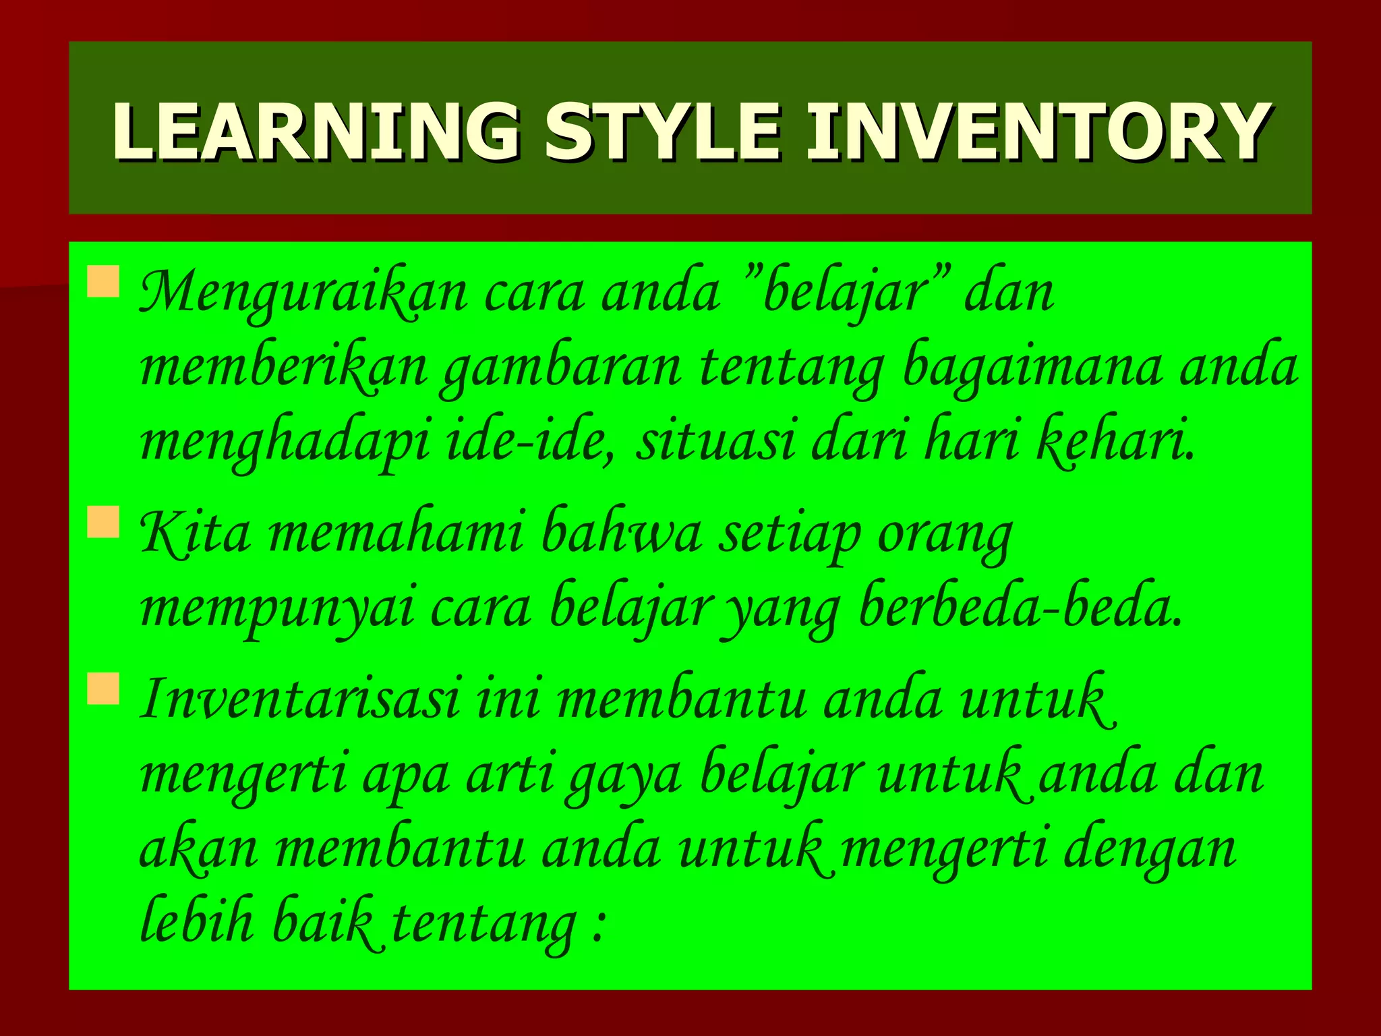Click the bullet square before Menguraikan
coord(103,281)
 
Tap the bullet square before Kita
coord(103,522)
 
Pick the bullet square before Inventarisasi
coord(103,689)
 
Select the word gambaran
coord(560,369)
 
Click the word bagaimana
coord(1032,369)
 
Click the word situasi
coord(715,441)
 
